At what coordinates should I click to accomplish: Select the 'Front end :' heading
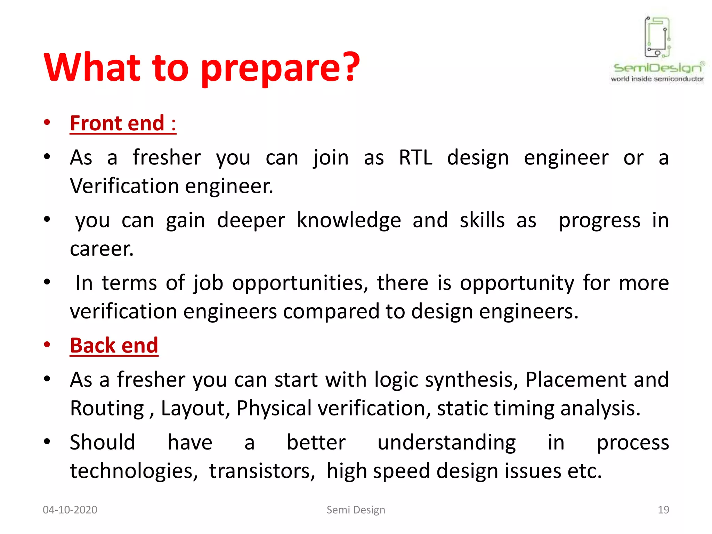[x=123, y=123]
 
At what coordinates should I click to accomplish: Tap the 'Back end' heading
[x=114, y=346]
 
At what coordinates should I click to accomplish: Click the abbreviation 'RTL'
[x=415, y=157]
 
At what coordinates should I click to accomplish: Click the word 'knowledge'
[x=349, y=221]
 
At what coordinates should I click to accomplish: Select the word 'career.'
[x=102, y=249]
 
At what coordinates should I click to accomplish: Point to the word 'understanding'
[x=446, y=443]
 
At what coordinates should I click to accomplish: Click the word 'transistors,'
[x=262, y=471]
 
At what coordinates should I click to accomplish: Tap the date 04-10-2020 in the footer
[x=70, y=510]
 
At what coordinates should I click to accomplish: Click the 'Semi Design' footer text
[x=356, y=510]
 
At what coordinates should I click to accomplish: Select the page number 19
[x=663, y=510]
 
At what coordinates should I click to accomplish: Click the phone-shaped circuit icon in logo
[x=657, y=37]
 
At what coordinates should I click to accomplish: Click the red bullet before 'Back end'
[x=47, y=345]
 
